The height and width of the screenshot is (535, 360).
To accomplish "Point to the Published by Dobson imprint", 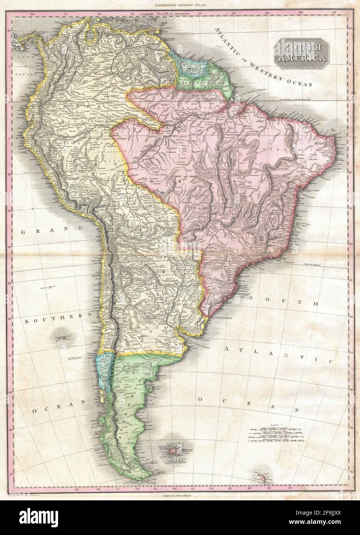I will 180,495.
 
